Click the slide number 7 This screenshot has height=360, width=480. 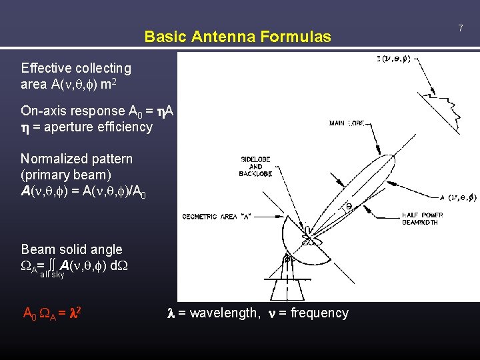[460, 27]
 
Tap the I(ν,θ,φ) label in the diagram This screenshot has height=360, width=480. [393, 59]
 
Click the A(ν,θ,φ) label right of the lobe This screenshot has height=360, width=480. [453, 197]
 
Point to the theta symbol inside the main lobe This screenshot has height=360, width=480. [348, 207]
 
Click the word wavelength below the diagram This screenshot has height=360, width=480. [219, 313]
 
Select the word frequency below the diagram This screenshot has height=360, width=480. [317, 313]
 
